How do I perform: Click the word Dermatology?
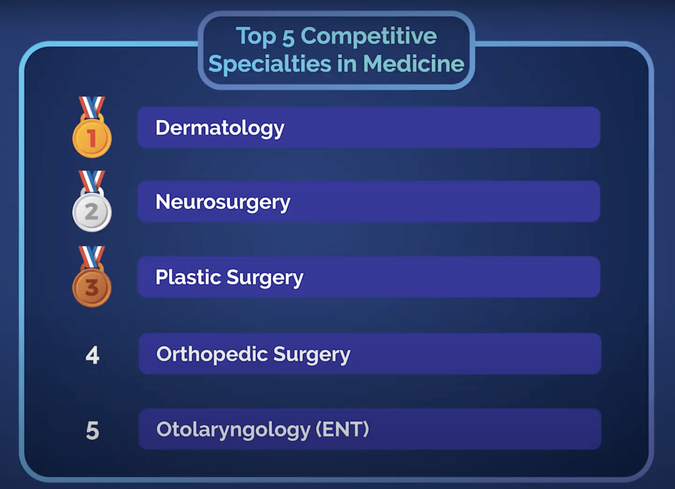point(220,129)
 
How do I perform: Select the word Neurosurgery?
point(223,202)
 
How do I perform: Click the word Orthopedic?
point(212,355)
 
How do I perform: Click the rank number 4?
point(92,355)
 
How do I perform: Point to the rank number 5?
point(92,431)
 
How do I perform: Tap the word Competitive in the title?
point(368,36)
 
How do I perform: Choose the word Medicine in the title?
point(414,63)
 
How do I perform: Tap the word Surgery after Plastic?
point(265,278)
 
